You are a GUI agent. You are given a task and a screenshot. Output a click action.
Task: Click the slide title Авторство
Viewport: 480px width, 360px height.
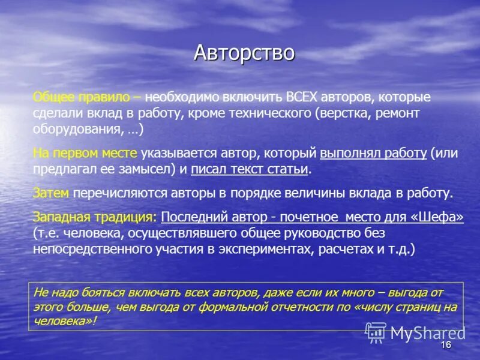[244, 53]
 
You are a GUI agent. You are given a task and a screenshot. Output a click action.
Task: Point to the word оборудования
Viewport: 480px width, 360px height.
[71, 128]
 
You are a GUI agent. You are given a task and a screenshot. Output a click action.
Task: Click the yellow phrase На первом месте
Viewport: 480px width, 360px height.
[85, 154]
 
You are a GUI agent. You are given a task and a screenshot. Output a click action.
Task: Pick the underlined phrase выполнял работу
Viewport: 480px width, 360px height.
[373, 154]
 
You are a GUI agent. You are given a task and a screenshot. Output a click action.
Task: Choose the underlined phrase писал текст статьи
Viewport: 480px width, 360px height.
[250, 169]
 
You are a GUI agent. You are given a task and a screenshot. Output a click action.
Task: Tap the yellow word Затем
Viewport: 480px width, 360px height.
[51, 193]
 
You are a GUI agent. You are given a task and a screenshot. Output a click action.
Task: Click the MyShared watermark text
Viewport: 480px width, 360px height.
[428, 332]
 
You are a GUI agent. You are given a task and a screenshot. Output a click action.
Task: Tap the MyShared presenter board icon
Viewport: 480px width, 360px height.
[376, 332]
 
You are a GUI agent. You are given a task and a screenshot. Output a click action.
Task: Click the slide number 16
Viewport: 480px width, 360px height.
[445, 345]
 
